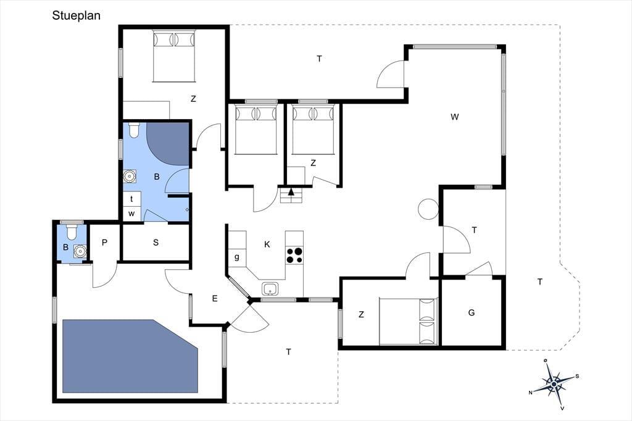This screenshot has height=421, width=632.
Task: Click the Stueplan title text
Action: tap(76, 15)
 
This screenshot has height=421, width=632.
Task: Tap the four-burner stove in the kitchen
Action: tap(294, 256)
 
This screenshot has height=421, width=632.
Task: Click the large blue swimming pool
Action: tap(130, 356)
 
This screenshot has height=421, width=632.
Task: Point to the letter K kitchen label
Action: tap(267, 244)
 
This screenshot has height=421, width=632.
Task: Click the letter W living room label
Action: tap(455, 117)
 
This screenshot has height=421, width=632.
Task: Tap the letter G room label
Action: tap(472, 312)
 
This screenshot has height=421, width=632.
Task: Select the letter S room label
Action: tap(156, 243)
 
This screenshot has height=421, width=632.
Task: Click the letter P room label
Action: tap(104, 243)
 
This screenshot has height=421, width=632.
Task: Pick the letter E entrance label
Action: tap(215, 298)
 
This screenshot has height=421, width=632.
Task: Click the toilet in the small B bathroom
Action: tap(72, 231)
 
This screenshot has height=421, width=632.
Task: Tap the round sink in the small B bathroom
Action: tap(80, 251)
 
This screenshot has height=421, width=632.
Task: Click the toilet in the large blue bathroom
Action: tap(134, 130)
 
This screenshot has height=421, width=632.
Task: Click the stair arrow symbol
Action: tap(291, 191)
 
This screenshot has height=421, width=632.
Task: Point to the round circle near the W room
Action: tap(428, 209)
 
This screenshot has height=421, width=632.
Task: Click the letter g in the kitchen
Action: tap(237, 256)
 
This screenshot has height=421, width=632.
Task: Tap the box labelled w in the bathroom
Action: tap(131, 214)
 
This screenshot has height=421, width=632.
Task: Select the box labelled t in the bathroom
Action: tap(131, 199)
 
